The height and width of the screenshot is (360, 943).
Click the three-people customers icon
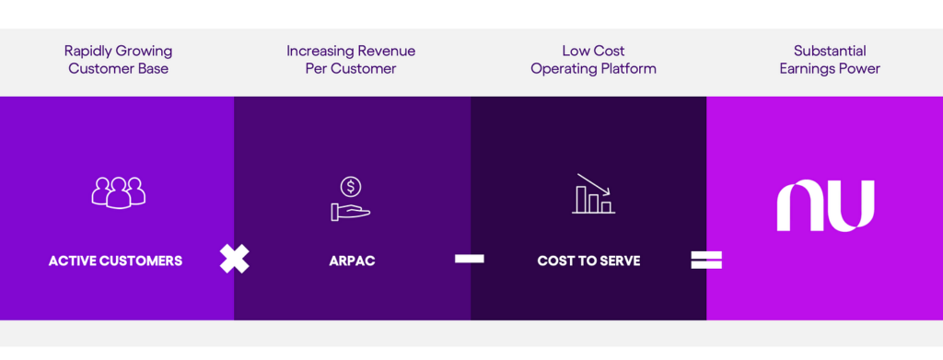pos(119,192)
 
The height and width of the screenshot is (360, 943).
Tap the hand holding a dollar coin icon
pos(351,199)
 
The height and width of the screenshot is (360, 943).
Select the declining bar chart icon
pos(593,193)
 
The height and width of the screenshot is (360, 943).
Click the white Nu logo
pos(825,205)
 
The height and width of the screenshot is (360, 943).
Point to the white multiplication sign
pos(234,259)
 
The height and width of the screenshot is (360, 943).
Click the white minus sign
pos(469,259)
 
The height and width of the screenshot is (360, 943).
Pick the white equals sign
pos(706,260)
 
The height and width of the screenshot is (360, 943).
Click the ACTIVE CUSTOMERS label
pos(115,261)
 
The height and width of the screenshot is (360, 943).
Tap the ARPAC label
pos(352,261)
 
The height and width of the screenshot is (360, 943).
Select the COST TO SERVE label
pos(588,261)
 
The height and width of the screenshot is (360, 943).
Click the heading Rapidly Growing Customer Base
pos(119,60)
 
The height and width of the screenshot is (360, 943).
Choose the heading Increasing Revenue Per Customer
pos(351,60)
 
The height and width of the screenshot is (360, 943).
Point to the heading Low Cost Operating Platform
pos(593,60)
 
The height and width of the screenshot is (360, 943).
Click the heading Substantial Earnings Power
pos(830,60)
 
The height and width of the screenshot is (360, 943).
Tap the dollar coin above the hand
pos(351,187)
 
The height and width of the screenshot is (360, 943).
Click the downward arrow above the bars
pos(594,184)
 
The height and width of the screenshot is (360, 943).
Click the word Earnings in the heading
pos(806,69)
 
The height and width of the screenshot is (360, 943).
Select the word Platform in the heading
pos(630,68)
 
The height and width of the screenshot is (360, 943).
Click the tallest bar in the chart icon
pos(581,200)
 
